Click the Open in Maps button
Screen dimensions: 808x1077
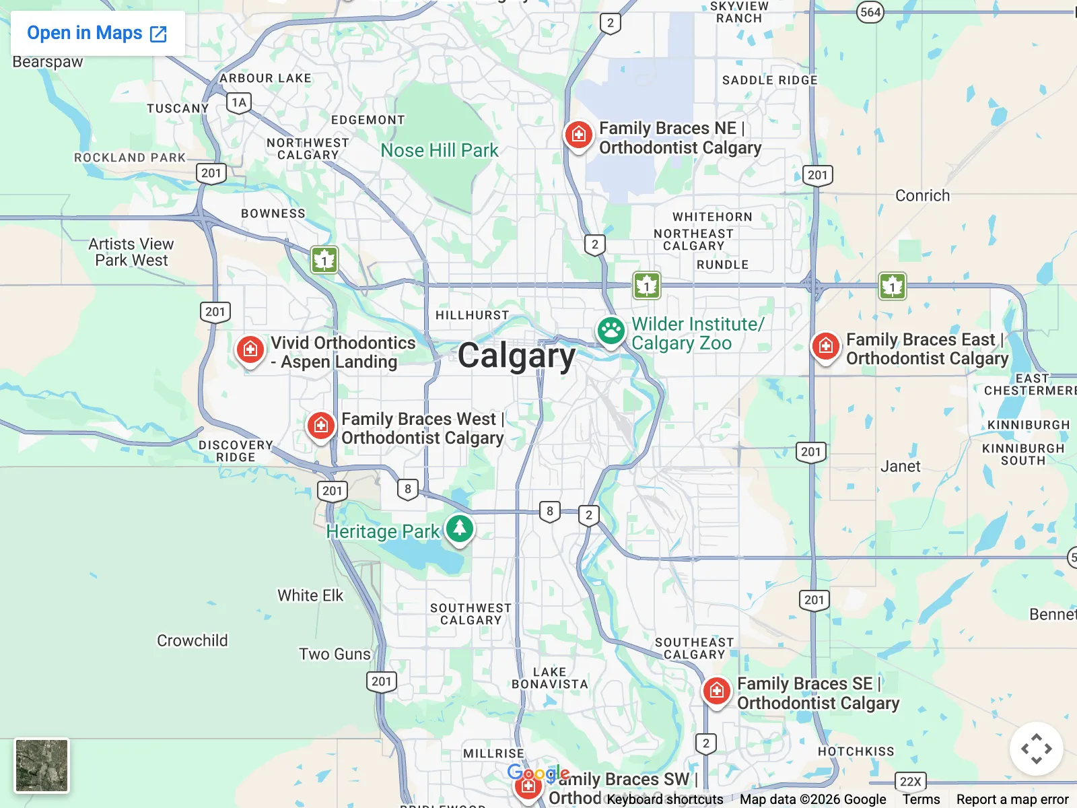coord(97,33)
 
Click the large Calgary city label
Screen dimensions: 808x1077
coord(516,356)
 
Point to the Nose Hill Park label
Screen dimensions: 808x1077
coord(440,150)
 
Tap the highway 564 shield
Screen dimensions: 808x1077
coord(870,12)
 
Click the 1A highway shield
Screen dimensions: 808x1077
coord(239,102)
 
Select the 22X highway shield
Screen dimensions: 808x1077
coord(911,781)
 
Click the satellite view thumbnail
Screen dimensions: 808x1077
coord(42,766)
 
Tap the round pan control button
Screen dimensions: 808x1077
coord(1036,749)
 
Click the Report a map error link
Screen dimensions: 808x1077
coord(1012,799)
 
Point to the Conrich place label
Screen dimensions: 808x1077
coord(922,196)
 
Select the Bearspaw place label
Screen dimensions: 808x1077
coord(48,62)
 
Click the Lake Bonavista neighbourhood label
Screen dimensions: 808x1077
coord(549,678)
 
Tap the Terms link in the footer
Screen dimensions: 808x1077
coord(921,799)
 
